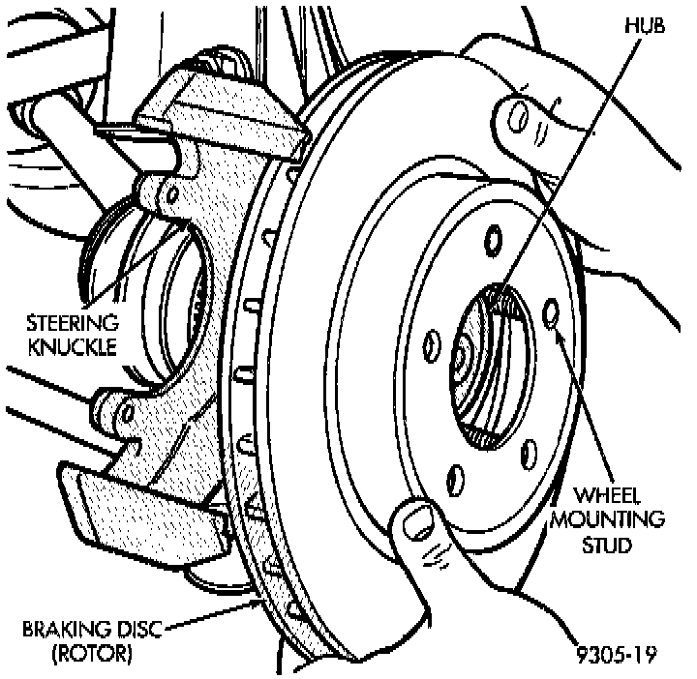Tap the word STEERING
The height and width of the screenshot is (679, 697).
pos(72,322)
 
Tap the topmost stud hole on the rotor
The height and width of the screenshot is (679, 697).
pos(493,237)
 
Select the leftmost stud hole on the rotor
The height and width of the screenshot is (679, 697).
pos(433,343)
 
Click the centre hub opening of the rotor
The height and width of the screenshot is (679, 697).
pos(491,368)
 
